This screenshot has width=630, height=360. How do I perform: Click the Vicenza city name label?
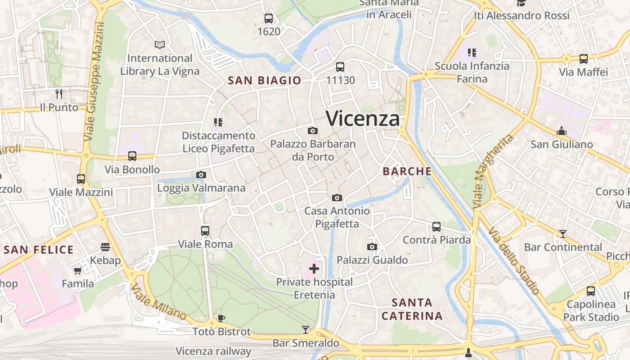363,119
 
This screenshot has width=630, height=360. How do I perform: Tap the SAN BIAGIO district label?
264,81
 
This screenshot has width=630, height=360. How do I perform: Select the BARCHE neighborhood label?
407,171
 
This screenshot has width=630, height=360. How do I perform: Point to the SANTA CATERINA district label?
412,309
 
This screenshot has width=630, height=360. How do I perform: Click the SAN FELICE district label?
39,250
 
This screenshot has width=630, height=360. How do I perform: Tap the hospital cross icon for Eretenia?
314,269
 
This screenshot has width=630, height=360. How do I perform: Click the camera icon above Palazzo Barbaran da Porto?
312,131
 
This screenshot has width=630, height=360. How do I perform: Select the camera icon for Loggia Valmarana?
201,175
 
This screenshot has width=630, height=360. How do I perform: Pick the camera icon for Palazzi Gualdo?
372,247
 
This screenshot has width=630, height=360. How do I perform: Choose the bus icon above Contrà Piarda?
436,226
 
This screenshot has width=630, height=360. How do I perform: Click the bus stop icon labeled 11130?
340,67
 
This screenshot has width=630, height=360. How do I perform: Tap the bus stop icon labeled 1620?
269,18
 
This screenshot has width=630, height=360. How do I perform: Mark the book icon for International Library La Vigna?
160,45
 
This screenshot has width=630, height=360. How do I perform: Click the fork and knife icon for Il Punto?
59,94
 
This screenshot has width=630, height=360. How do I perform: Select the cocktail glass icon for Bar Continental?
562,234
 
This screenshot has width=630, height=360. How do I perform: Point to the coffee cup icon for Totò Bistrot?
221,318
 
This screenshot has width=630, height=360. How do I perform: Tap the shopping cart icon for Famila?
78,270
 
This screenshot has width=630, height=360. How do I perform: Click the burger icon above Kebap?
105,247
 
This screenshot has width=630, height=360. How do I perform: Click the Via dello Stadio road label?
513,261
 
